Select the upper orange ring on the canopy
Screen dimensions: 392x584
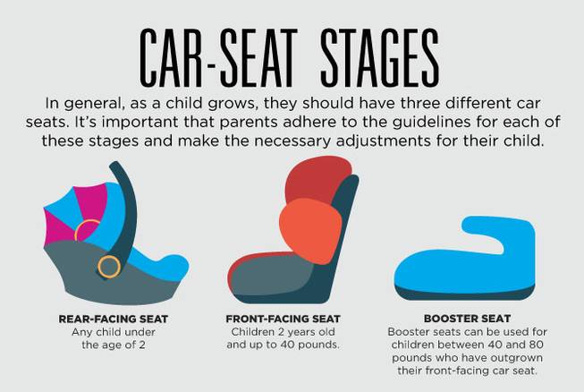click(86, 231)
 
